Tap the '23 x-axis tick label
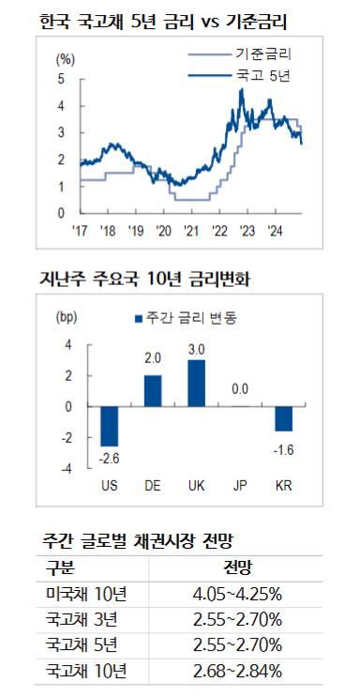click(x=247, y=230)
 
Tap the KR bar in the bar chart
click(x=282, y=418)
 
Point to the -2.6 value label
click(x=110, y=457)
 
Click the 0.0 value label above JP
click(x=239, y=388)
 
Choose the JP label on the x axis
click(x=239, y=486)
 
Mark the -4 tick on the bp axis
click(x=67, y=468)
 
